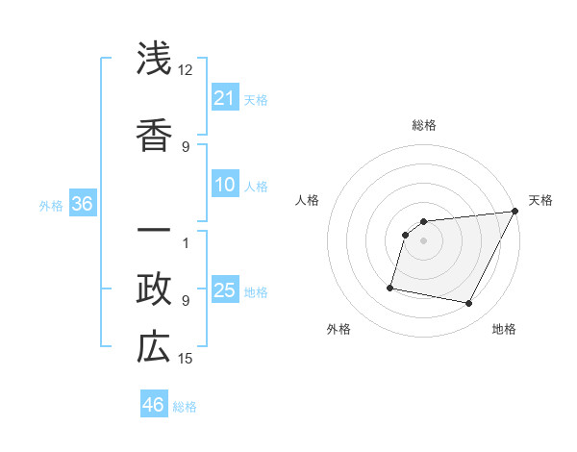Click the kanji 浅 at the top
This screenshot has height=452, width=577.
click(154, 60)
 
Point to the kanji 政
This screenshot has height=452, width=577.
click(154, 288)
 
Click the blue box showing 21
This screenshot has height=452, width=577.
click(225, 98)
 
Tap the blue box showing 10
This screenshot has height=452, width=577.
click(225, 185)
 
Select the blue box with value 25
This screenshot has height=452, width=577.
click(225, 290)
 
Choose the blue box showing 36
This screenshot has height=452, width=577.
click(82, 204)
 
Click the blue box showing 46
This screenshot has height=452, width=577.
click(154, 405)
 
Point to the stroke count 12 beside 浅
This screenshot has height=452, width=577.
click(186, 71)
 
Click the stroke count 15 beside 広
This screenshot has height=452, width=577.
click(186, 359)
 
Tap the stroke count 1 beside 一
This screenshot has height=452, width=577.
click(186, 242)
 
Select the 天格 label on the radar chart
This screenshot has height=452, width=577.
click(540, 200)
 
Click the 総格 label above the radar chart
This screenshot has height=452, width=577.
click(423, 125)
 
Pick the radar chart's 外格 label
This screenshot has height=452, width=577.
click(339, 329)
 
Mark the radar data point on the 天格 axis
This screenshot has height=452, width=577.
click(514, 212)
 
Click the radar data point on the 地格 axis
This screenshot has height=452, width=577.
click(469, 304)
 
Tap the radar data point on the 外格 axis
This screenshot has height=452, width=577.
click(390, 287)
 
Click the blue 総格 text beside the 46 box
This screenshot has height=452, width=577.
click(185, 407)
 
